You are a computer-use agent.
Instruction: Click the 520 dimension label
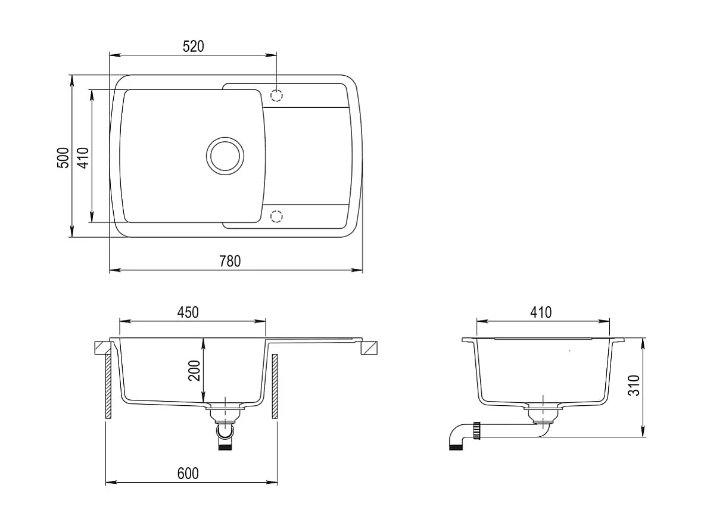(x=193, y=46)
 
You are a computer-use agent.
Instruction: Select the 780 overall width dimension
(x=230, y=261)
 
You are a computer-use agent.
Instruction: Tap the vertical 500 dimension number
(x=63, y=158)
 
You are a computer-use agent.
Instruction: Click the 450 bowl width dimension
(x=187, y=312)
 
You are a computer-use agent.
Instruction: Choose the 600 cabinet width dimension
(x=188, y=473)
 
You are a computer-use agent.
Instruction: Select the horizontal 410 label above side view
(x=541, y=312)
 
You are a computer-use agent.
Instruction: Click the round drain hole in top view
(x=225, y=156)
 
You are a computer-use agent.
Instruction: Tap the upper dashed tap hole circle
(x=276, y=95)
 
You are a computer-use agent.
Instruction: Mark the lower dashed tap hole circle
(x=276, y=216)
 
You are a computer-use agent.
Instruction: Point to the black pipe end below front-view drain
(x=225, y=446)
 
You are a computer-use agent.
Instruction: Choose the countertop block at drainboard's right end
(x=370, y=347)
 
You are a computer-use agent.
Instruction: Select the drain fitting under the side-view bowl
(x=543, y=412)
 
